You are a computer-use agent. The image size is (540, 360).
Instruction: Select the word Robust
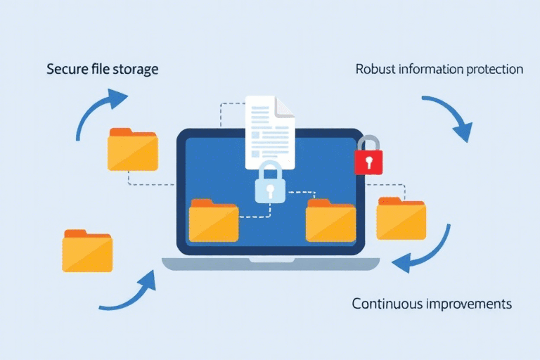(376, 70)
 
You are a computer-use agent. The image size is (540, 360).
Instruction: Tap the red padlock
(368, 156)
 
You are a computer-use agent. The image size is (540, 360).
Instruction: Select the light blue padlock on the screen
(270, 184)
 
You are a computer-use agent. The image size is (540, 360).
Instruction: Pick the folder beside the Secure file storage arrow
(132, 150)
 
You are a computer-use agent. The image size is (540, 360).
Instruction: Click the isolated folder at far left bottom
(87, 250)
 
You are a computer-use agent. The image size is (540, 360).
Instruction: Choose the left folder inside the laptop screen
(213, 221)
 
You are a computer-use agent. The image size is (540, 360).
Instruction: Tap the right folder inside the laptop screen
(330, 221)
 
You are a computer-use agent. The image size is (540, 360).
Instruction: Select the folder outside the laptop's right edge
(401, 219)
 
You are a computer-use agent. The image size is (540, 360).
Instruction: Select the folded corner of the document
(285, 107)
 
